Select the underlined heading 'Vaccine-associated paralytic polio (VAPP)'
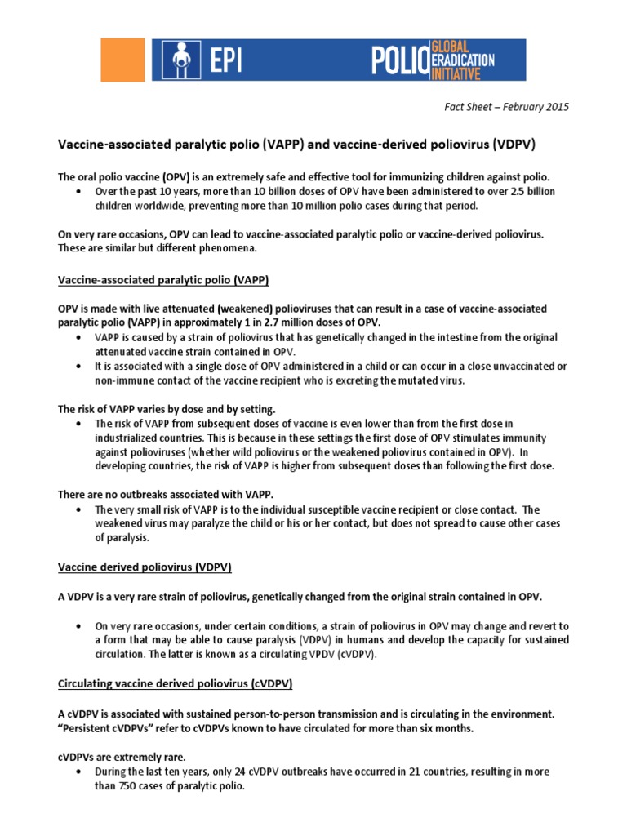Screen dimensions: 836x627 click(x=163, y=280)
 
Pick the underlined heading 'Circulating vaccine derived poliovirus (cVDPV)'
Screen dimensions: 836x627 click(x=175, y=683)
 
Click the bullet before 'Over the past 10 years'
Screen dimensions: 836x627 click(x=77, y=192)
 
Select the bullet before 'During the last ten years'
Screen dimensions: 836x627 click(x=77, y=772)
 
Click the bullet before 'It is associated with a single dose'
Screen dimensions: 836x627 click(x=77, y=365)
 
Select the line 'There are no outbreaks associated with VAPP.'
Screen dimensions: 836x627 click(x=165, y=494)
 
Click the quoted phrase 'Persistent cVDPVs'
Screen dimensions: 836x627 click(x=109, y=728)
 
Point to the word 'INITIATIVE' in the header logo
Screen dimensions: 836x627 click(x=471, y=72)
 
